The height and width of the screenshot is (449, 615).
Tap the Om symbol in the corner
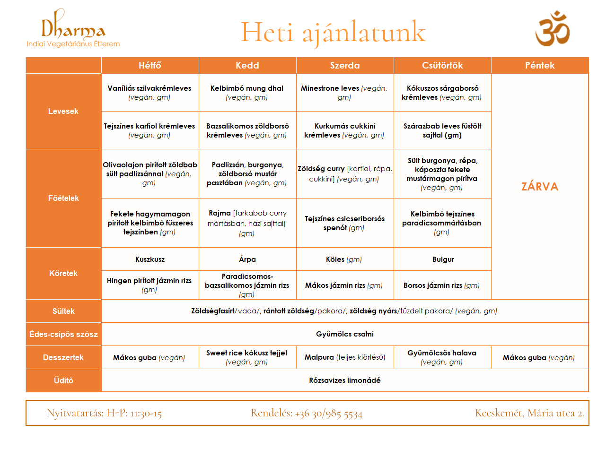tap(552, 29)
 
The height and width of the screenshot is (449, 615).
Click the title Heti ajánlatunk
tap(333, 32)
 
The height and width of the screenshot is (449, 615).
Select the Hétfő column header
tap(150, 65)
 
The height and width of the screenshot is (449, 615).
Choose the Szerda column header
tap(345, 65)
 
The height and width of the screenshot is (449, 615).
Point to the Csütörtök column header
tap(442, 65)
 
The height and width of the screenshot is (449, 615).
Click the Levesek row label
tap(63, 111)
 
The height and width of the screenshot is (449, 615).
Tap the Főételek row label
tap(63, 198)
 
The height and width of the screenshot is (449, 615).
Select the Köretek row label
tap(63, 273)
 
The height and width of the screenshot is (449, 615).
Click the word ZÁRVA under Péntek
tap(540, 187)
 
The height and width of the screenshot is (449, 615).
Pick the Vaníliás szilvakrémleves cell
tap(149, 93)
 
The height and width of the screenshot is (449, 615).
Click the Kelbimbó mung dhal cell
tap(247, 93)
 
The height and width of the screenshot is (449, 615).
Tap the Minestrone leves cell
tap(344, 93)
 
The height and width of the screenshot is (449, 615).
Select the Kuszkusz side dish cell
tap(150, 259)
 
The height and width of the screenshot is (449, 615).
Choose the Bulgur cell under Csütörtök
tap(443, 259)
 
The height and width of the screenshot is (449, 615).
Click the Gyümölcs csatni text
tap(345, 334)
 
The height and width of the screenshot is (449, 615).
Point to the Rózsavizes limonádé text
tap(345, 380)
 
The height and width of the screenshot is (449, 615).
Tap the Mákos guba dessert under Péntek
tap(539, 358)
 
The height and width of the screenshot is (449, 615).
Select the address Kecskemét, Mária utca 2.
tap(529, 413)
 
